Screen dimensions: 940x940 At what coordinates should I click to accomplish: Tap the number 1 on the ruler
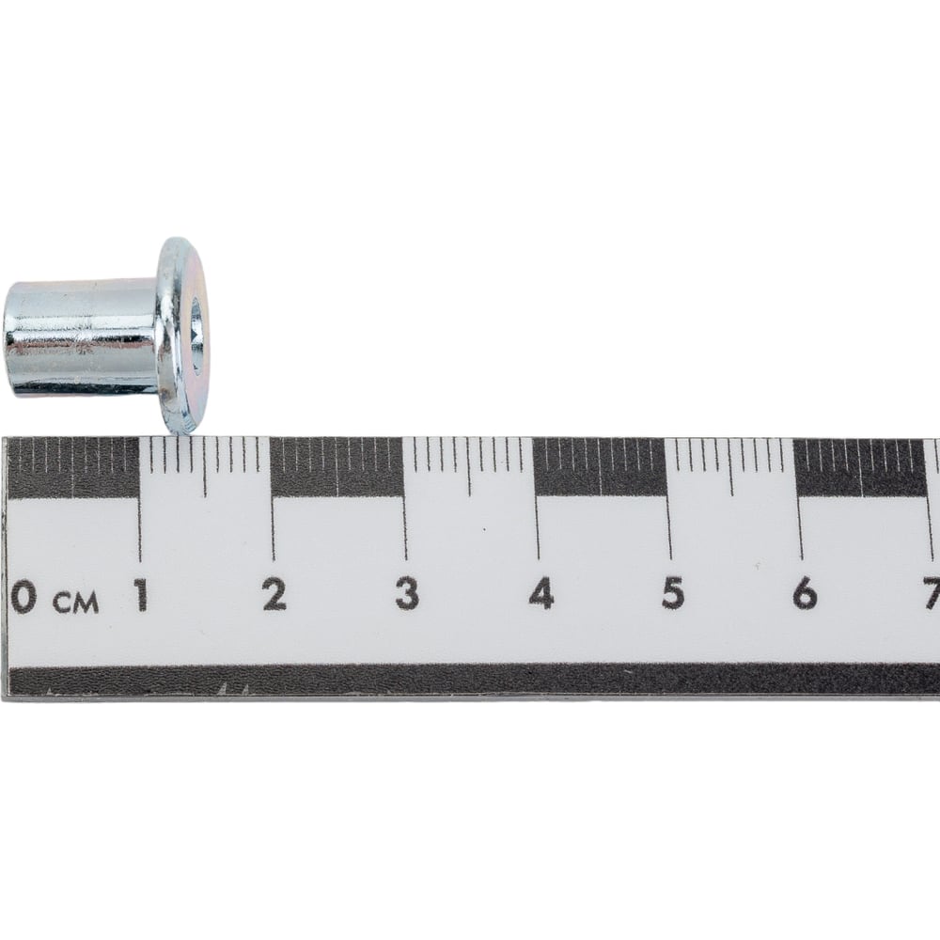[141, 594]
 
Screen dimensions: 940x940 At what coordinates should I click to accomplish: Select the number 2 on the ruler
[274, 594]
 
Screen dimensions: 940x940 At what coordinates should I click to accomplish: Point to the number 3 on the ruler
[407, 593]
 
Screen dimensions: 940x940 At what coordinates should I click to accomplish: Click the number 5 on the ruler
[673, 593]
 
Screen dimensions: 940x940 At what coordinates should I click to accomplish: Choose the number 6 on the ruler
[805, 593]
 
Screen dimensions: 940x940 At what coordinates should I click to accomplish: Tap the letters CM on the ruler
[76, 603]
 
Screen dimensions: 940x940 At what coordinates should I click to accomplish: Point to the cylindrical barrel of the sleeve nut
[81, 337]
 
